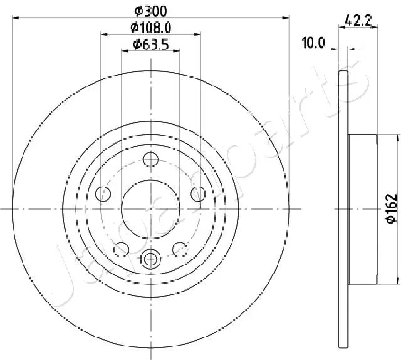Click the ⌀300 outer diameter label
pyautogui.click(x=150, y=11)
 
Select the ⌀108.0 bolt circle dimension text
pyautogui.click(x=150, y=27)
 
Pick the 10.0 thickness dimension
pyautogui.click(x=313, y=43)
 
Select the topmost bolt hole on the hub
pyautogui.click(x=150, y=160)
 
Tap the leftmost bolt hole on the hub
pyautogui.click(x=103, y=194)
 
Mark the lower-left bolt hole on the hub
pyautogui.click(x=121, y=250)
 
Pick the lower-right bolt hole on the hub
pyautogui.click(x=180, y=250)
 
